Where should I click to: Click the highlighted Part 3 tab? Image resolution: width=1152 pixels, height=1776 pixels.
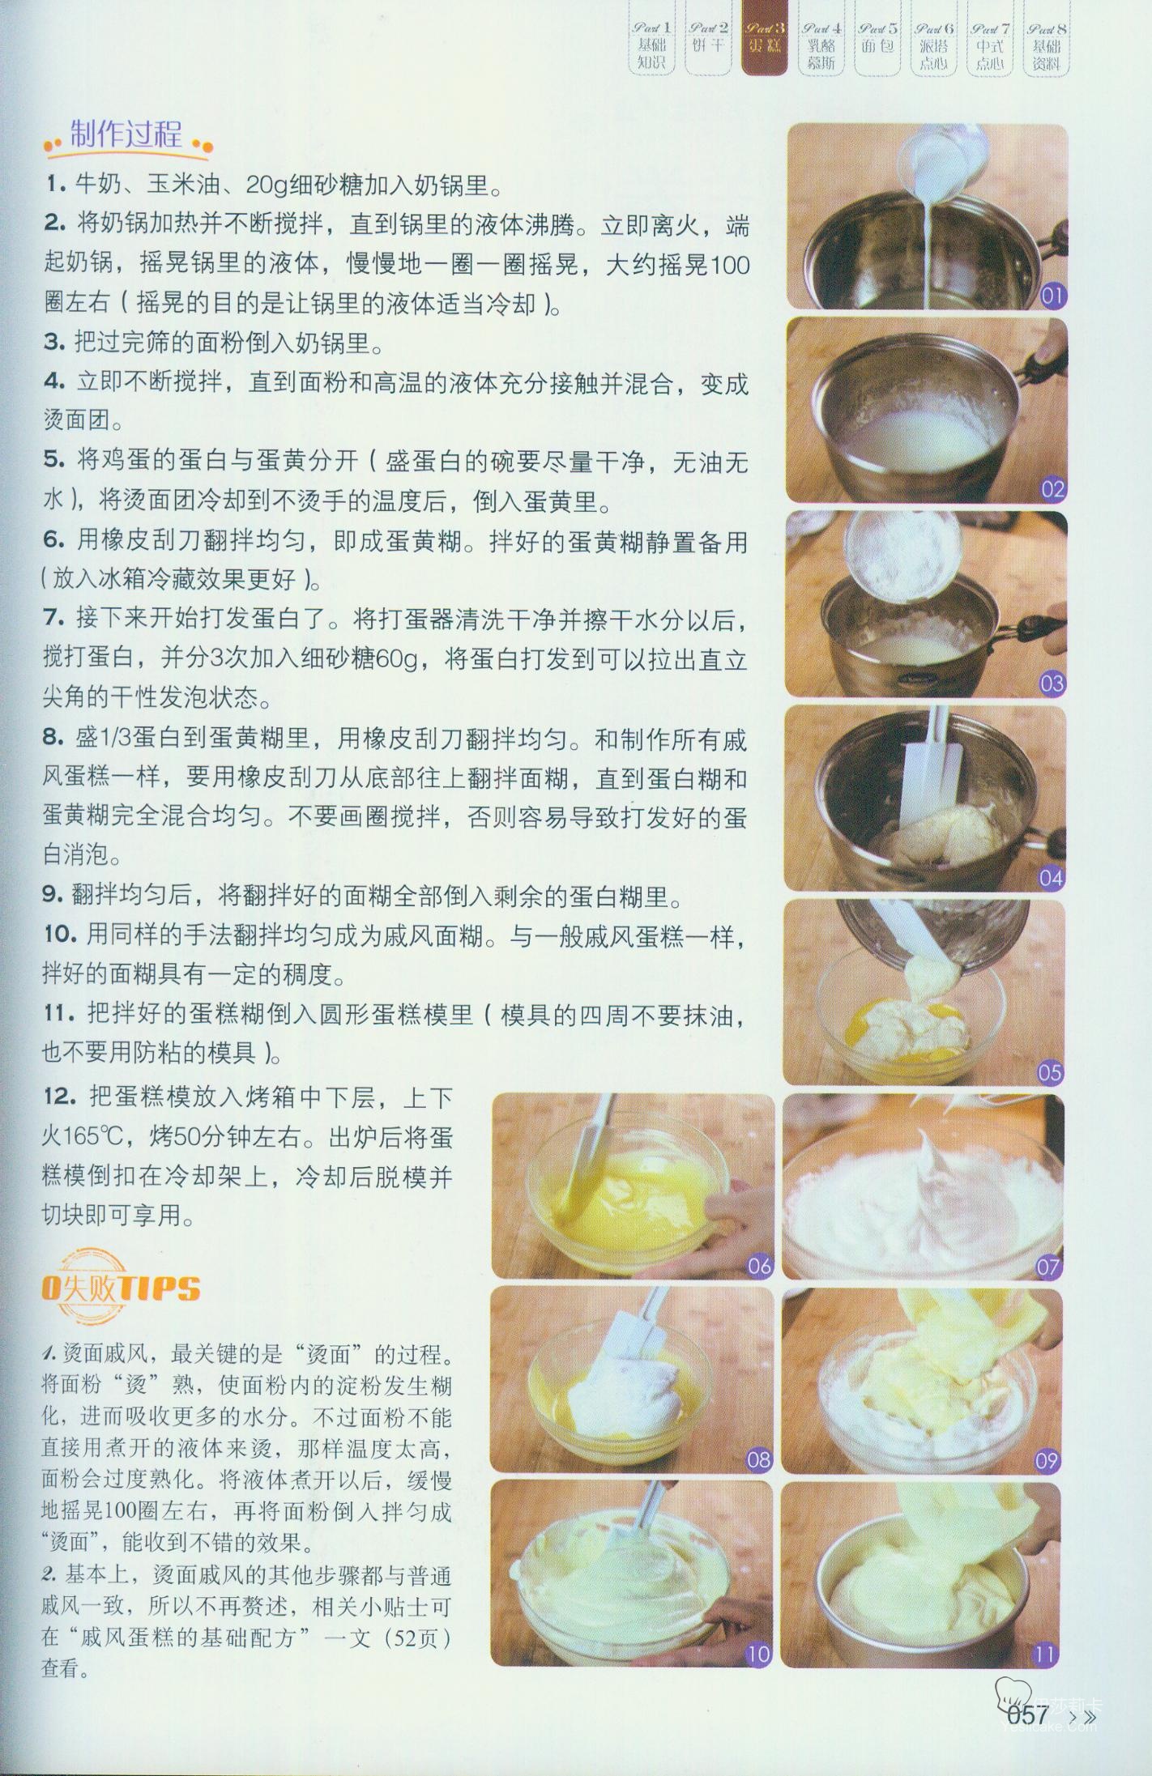764,46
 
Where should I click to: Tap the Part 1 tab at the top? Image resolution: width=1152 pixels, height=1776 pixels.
651,46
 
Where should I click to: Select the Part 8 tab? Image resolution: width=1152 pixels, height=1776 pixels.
1046,46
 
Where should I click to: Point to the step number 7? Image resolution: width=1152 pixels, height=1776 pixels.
53,619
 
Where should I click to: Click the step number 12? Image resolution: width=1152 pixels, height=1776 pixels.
58,1097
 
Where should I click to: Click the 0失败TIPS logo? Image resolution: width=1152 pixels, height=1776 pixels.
121,1288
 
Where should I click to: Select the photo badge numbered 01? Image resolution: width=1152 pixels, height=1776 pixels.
1051,296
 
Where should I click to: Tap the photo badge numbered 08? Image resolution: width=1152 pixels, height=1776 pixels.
758,1460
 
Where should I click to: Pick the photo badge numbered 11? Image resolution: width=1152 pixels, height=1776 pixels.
1046,1654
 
